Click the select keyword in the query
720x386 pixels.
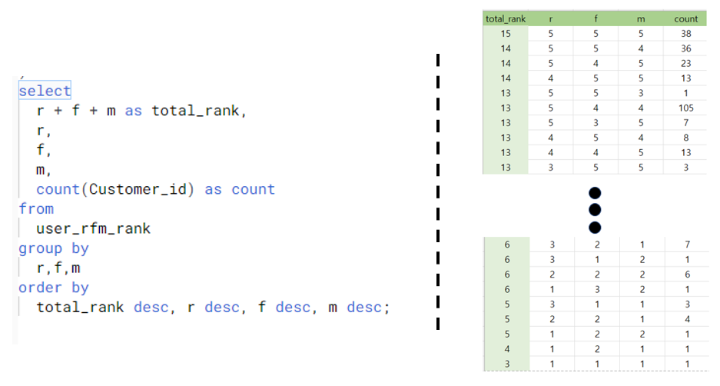pos(45,91)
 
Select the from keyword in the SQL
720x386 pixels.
pos(36,209)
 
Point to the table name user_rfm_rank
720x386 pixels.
pos(93,228)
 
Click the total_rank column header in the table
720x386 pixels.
pos(506,18)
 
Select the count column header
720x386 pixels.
pos(685,18)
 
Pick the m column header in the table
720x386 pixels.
pos(641,18)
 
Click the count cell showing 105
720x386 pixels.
pos(685,107)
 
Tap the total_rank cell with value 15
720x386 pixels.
pos(506,34)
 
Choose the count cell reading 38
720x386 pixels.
pos(685,34)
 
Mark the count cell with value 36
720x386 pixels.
pos(685,48)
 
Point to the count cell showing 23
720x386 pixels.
pos(685,63)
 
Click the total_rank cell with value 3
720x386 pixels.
pos(506,363)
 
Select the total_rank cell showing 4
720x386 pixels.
pos(506,348)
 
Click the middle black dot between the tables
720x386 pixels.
pos(594,209)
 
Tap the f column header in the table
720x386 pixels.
pos(596,18)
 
